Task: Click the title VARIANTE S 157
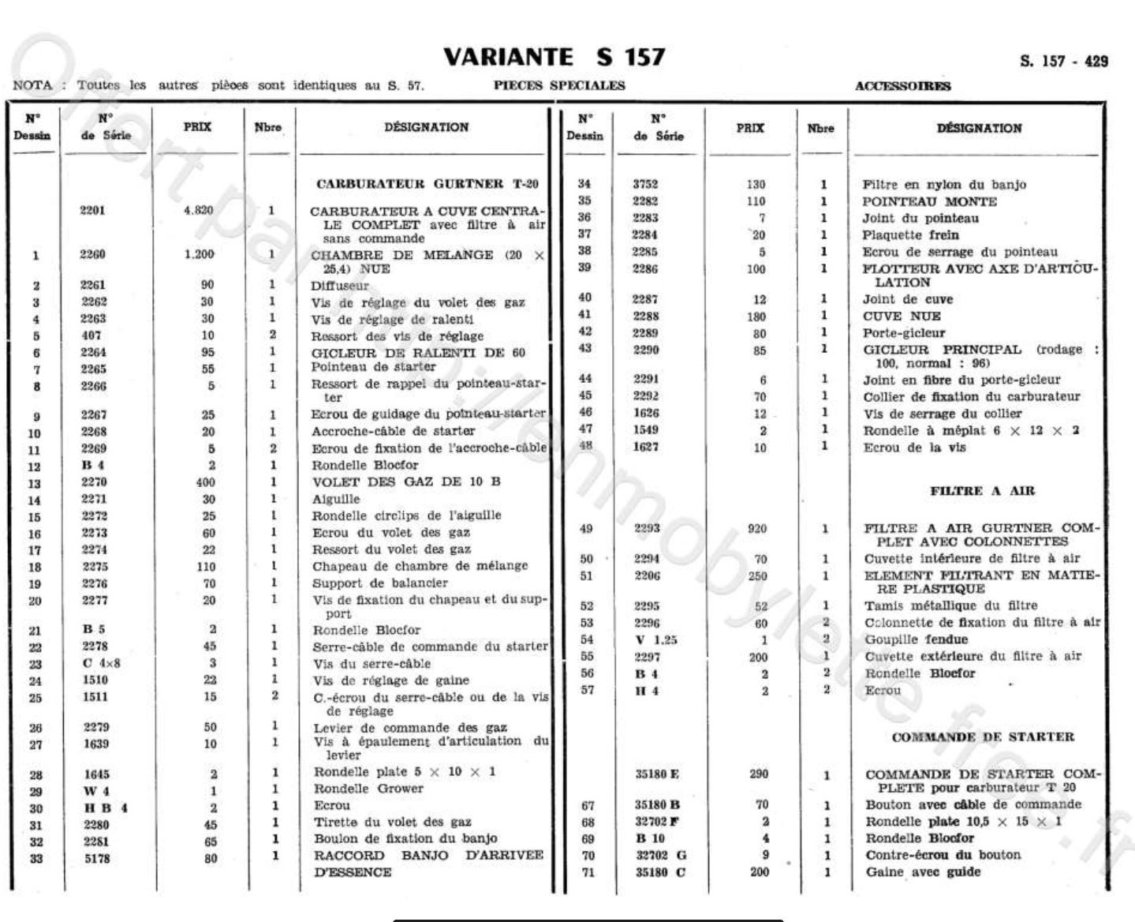tap(554, 57)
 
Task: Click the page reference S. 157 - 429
tap(1063, 62)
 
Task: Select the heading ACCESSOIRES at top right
tap(902, 86)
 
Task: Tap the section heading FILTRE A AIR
tap(982, 490)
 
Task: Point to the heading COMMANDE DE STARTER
tap(983, 736)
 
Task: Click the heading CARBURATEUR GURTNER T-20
tap(427, 184)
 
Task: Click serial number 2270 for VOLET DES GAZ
tap(93, 482)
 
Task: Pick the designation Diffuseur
tap(339, 286)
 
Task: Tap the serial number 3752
tap(644, 184)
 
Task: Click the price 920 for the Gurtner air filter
tap(756, 529)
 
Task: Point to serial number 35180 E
tap(657, 774)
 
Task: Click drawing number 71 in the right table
tap(586, 872)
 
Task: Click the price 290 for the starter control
tap(758, 774)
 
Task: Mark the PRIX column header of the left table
tap(196, 126)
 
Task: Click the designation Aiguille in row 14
tap(336, 499)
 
